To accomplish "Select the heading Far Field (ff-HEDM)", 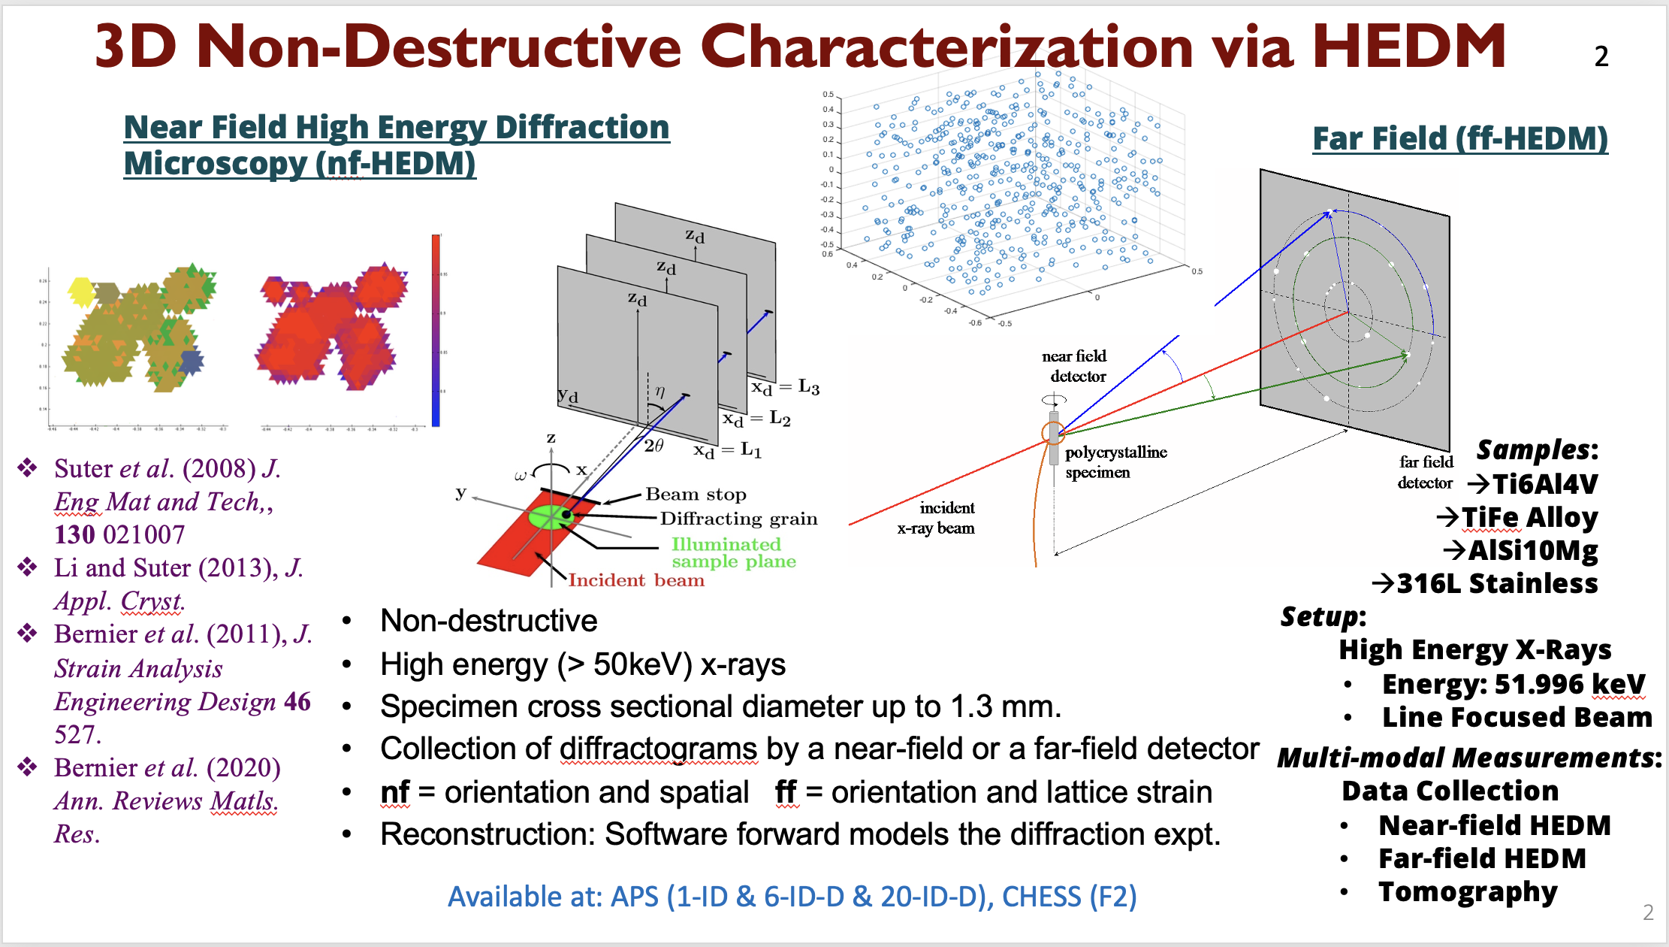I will pos(1459,139).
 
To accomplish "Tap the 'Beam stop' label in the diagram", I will pos(696,495).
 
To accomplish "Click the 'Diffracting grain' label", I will pos(738,519).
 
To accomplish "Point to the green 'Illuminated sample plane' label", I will pos(733,552).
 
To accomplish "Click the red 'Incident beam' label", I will pos(635,580).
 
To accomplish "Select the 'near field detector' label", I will pos(1076,366).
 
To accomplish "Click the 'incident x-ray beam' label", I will pos(937,518).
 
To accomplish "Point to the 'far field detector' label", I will pos(1426,472).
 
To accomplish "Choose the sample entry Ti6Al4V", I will pos(1544,484).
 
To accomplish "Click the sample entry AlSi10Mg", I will pos(1532,551).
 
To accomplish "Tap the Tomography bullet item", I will pos(1467,892).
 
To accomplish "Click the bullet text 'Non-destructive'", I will pos(488,621).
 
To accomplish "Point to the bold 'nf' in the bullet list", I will pos(395,792).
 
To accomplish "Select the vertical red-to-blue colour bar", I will pos(436,331).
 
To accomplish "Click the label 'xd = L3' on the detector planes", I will pos(786,387).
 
